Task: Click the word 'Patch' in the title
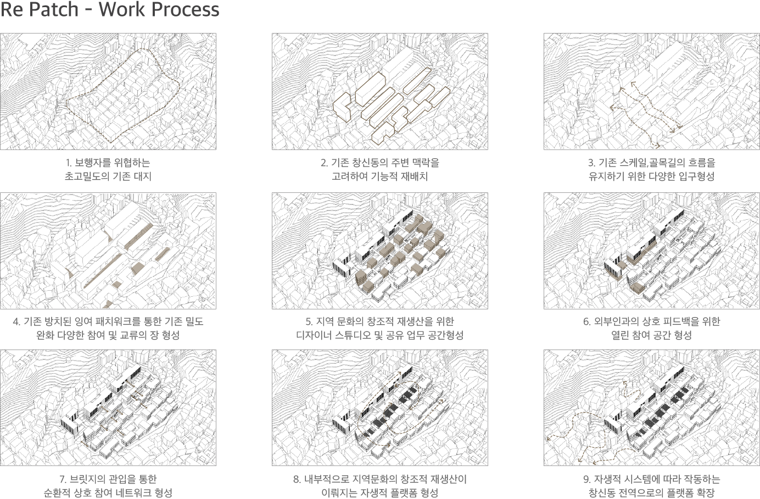pos(53,9)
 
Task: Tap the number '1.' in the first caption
pos(69,163)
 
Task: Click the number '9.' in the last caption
pos(588,479)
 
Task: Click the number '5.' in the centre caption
pos(309,321)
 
